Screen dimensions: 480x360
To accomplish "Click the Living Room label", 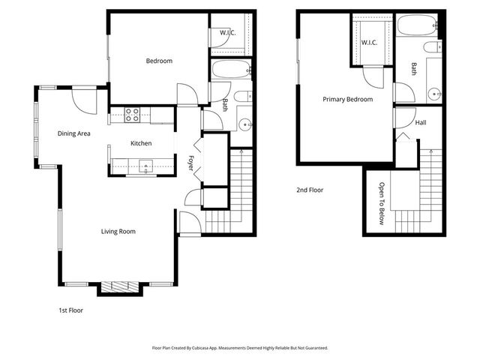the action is point(118,232).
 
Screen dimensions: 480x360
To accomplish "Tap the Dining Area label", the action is point(73,133).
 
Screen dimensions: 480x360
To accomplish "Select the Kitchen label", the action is point(141,143).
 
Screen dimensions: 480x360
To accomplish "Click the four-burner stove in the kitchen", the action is point(132,115).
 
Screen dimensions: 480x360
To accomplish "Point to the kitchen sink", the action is point(146,166).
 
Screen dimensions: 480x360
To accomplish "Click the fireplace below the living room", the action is point(120,286).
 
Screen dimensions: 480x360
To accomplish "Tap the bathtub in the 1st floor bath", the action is point(231,70).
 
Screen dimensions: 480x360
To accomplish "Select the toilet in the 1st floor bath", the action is point(243,97).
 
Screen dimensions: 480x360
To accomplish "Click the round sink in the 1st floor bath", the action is point(245,124).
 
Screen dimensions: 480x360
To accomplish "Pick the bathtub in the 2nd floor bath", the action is point(417,25).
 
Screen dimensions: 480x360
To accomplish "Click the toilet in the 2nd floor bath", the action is point(433,47).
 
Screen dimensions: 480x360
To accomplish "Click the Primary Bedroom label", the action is point(348,99).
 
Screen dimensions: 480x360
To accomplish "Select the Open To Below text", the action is point(382,203).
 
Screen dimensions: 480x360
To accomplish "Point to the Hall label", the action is point(421,123).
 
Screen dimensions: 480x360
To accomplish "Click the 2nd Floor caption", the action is point(310,190).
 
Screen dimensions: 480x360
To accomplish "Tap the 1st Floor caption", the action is point(70,310).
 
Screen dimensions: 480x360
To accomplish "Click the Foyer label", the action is point(190,163).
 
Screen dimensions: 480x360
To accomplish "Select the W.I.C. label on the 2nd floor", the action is point(369,43).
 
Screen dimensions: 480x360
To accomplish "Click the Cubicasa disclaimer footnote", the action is point(240,348).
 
